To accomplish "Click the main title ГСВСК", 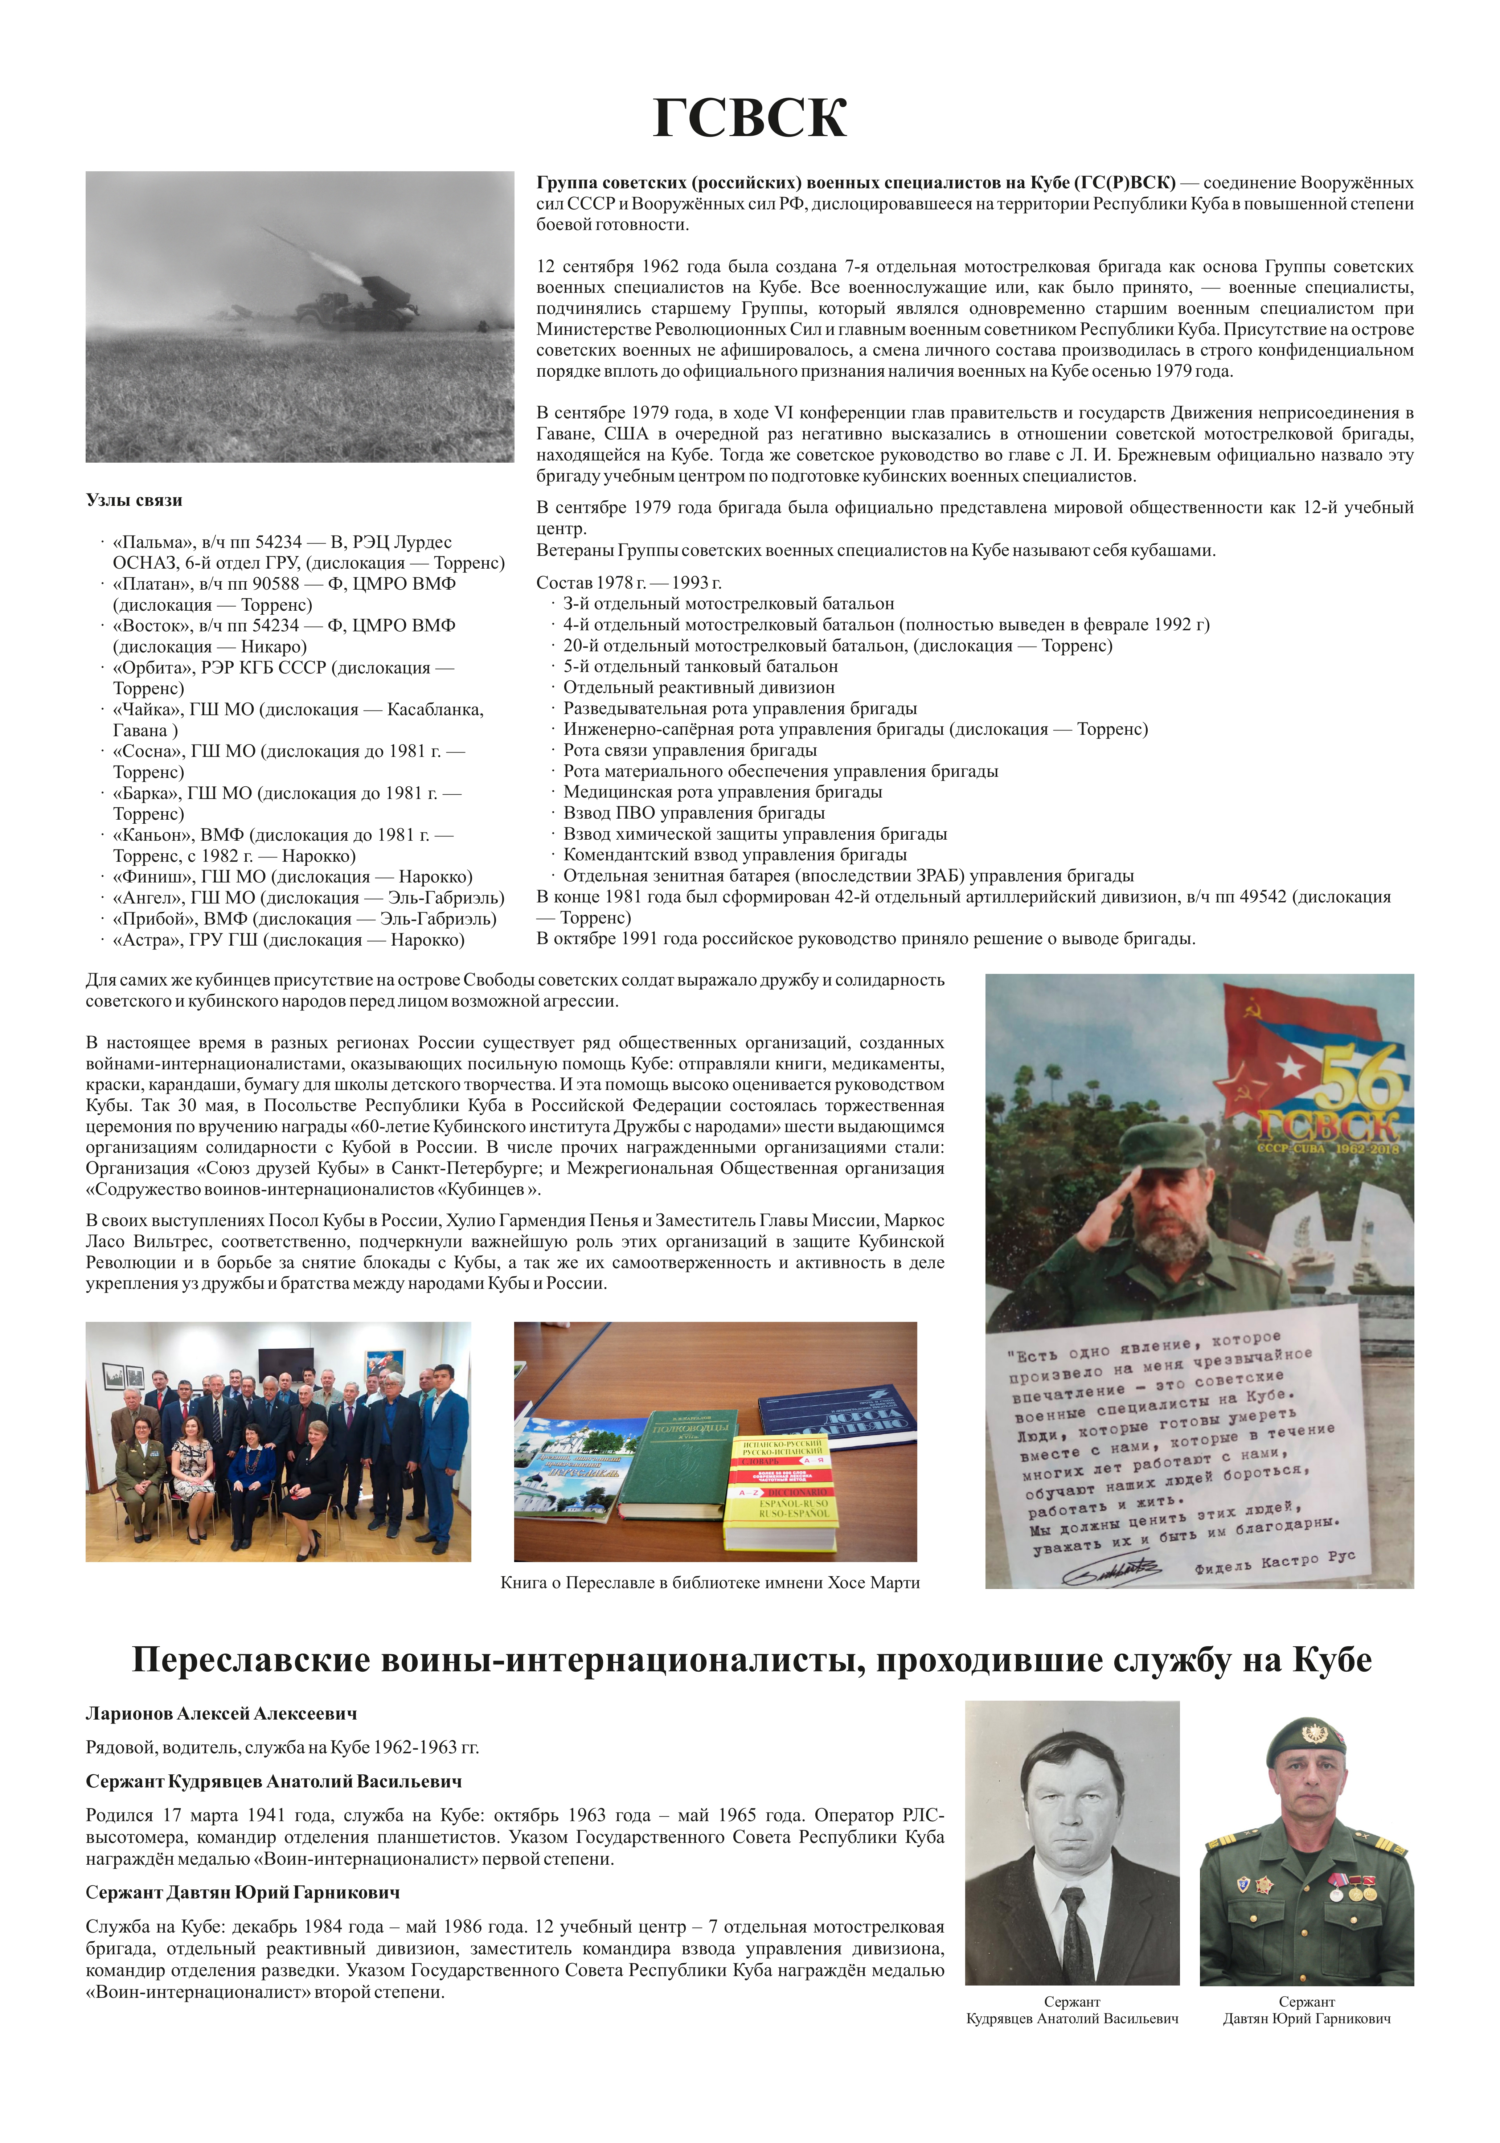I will tap(750, 119).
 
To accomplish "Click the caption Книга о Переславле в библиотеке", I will tap(709, 1583).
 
